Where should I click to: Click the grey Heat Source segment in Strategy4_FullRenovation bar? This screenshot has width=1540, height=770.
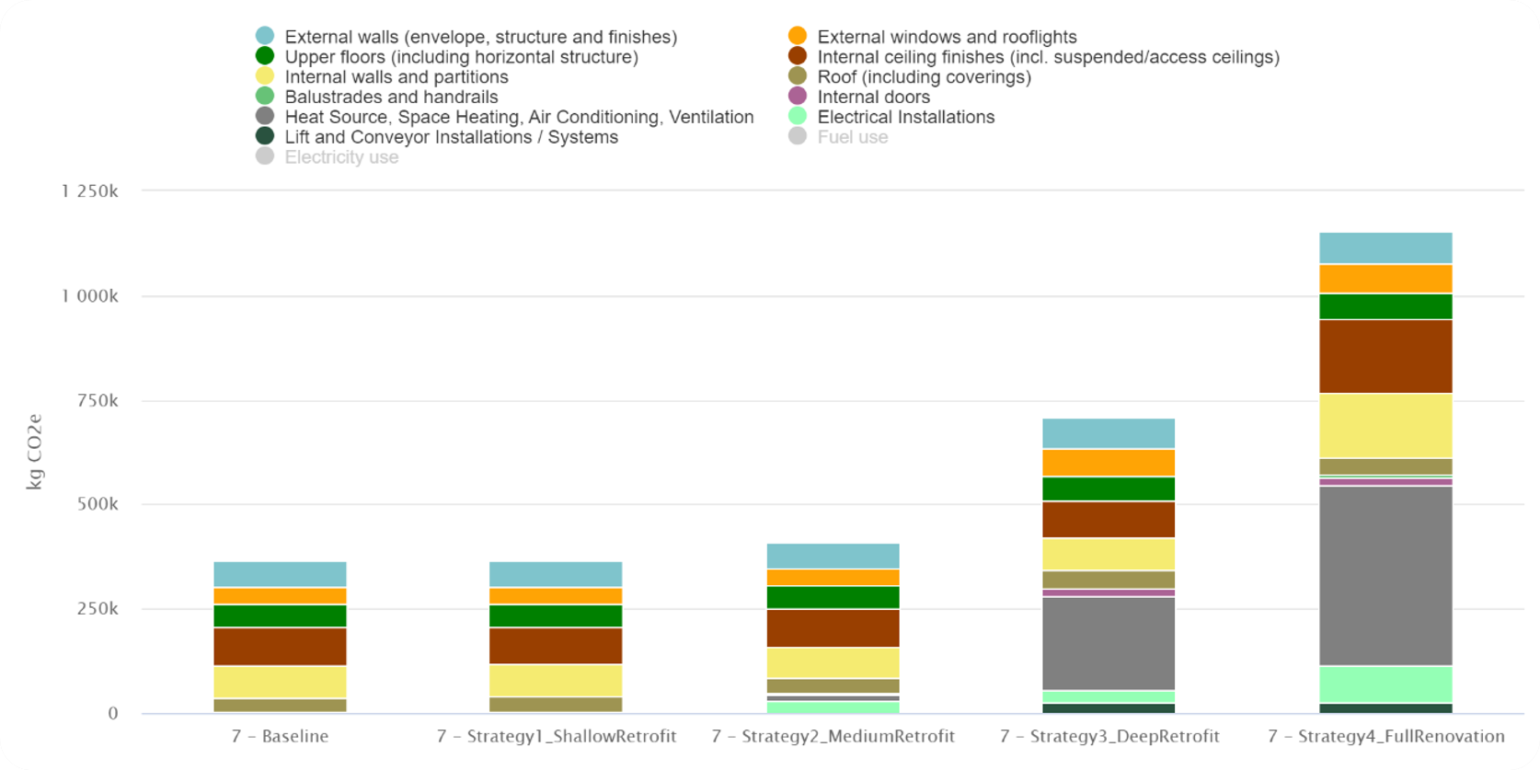tap(1385, 576)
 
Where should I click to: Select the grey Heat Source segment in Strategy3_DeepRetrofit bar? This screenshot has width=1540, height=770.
tap(1109, 643)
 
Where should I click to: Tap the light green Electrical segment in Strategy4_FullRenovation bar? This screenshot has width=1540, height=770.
tap(1385, 684)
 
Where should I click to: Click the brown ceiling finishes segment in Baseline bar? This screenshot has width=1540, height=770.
tap(280, 646)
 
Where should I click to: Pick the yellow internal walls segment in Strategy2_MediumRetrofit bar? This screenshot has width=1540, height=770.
tap(833, 662)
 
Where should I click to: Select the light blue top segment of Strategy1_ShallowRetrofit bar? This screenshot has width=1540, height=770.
tap(556, 574)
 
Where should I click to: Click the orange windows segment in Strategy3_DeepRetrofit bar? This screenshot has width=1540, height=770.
tap(1109, 463)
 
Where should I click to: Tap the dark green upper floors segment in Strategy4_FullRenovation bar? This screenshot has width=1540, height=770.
tap(1385, 306)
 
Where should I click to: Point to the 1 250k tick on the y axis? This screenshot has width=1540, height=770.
tap(90, 191)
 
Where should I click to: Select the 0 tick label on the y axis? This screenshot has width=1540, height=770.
tap(113, 713)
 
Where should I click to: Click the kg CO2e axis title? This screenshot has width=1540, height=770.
tap(34, 452)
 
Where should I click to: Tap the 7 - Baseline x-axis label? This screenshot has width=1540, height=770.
tap(280, 736)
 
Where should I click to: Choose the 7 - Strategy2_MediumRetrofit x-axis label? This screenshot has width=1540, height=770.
tap(833, 736)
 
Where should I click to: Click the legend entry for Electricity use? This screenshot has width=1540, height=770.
tap(341, 157)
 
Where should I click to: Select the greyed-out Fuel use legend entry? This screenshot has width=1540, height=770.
tap(852, 137)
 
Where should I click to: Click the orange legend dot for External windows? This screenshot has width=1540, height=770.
tap(798, 36)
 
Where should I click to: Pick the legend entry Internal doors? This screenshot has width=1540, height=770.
tap(873, 97)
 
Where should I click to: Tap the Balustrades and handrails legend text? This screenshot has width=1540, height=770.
tap(391, 97)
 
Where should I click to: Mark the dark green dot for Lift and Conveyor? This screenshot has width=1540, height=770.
tap(265, 136)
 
